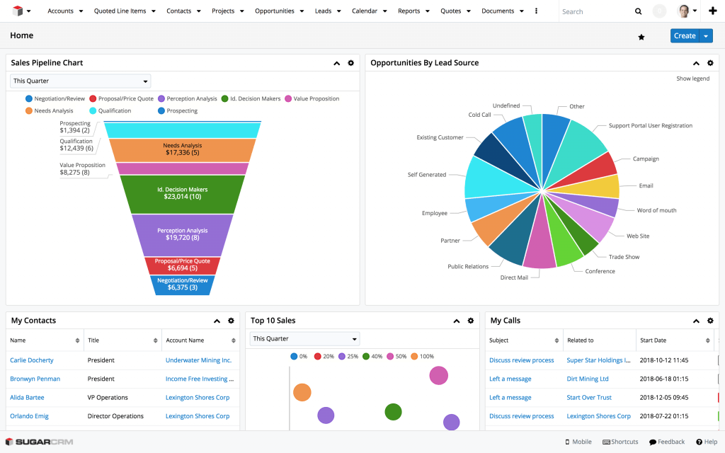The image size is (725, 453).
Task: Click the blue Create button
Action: click(x=684, y=36)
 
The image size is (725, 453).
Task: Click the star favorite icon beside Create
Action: click(x=641, y=37)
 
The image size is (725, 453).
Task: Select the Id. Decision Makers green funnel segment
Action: click(x=182, y=193)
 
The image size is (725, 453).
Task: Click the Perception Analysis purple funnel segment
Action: click(x=182, y=234)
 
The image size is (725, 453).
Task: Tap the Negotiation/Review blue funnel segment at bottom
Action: click(x=182, y=285)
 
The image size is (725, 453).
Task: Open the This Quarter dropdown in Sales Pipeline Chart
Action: click(x=80, y=81)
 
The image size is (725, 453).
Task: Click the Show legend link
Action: click(x=692, y=79)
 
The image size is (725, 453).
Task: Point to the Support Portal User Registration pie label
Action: click(x=650, y=126)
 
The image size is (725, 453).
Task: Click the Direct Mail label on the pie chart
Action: click(x=514, y=277)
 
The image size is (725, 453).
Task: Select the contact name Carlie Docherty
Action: click(x=32, y=360)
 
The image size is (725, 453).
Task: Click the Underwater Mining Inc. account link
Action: click(x=198, y=360)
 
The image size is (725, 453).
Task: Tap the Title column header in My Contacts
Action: click(x=93, y=340)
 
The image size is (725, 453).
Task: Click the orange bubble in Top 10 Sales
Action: click(x=302, y=392)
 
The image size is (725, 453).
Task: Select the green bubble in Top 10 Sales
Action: click(x=393, y=411)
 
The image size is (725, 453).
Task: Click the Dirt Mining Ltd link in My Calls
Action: click(x=588, y=379)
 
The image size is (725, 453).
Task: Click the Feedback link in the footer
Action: click(x=667, y=442)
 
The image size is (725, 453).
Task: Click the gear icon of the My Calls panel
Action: click(x=710, y=321)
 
